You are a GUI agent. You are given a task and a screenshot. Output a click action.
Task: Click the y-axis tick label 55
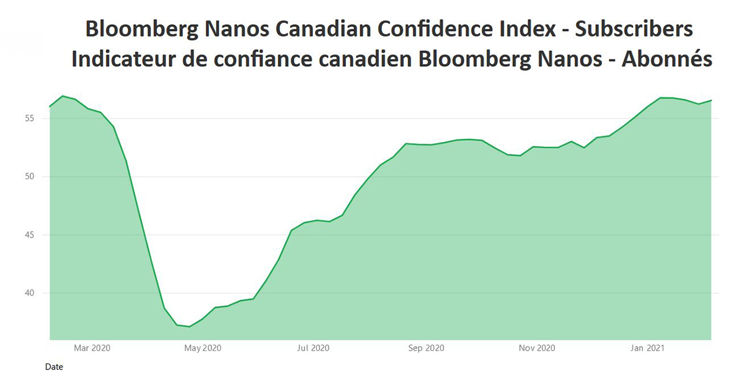click(x=37, y=118)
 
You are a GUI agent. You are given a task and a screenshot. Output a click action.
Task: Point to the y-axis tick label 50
click(x=37, y=177)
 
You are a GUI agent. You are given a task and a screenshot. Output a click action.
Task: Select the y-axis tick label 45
click(x=37, y=235)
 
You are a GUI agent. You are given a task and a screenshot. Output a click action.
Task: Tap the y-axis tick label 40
click(x=37, y=293)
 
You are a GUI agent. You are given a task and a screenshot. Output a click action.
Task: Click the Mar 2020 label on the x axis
click(x=92, y=348)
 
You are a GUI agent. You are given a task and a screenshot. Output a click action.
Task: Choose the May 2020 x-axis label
click(x=203, y=348)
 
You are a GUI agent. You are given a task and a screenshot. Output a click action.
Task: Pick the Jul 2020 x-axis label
click(x=313, y=348)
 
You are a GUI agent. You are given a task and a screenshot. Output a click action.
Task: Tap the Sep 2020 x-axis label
click(x=425, y=348)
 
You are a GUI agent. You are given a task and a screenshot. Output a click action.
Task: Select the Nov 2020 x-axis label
click(x=536, y=348)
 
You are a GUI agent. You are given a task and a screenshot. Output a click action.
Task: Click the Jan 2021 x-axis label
click(x=647, y=348)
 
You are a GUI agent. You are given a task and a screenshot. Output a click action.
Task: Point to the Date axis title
click(x=54, y=367)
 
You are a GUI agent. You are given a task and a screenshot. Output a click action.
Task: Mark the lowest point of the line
click(x=190, y=326)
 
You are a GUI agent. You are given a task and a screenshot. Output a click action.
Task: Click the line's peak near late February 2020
click(x=63, y=96)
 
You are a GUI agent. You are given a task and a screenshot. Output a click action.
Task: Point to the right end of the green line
click(x=711, y=100)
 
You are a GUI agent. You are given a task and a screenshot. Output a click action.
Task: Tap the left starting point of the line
click(x=50, y=107)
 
